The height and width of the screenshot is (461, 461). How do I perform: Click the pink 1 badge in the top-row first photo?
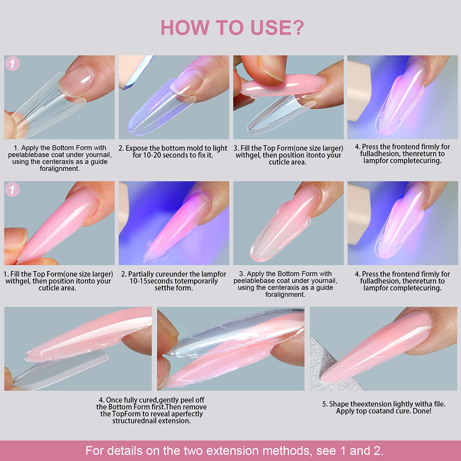[12, 64]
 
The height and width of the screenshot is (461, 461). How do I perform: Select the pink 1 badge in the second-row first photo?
[12, 190]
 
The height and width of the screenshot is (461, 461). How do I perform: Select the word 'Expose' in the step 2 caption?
[138, 148]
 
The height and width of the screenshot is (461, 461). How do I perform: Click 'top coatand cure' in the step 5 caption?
[382, 411]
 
